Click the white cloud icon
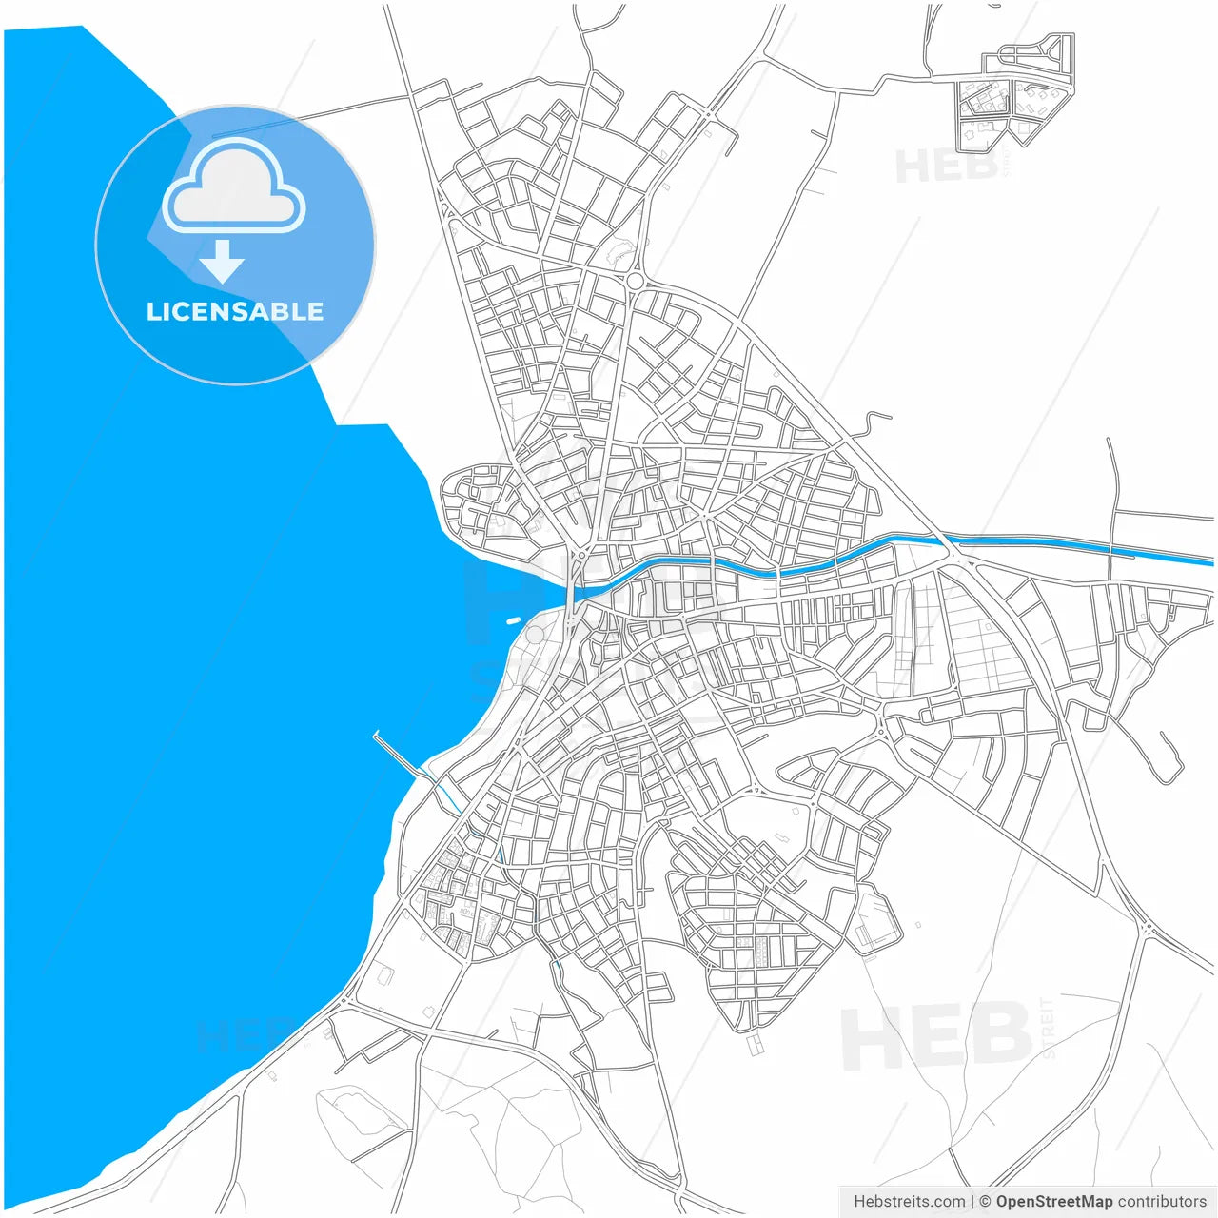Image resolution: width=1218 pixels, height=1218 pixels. [x=234, y=187]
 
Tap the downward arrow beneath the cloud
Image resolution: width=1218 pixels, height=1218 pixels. [x=222, y=262]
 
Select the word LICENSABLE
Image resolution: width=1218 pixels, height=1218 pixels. [x=234, y=312]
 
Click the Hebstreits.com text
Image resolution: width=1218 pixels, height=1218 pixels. [x=909, y=1202]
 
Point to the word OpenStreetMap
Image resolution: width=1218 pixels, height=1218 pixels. [x=1053, y=1202]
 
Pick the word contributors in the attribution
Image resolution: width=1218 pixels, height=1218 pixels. [x=1162, y=1202]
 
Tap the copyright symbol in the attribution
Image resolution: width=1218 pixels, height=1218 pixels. [x=986, y=1202]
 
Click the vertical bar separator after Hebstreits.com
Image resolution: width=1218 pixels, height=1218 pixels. [x=972, y=1202]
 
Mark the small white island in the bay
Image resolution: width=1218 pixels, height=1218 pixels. [x=514, y=620]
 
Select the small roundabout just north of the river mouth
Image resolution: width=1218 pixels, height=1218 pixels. [x=580, y=554]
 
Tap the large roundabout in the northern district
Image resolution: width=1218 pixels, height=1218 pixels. [x=635, y=281]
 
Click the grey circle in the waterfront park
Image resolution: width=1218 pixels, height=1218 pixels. [x=536, y=635]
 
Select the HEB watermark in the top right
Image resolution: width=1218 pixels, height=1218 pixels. [x=946, y=167]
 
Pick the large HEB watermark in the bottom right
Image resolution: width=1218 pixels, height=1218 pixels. [x=937, y=1035]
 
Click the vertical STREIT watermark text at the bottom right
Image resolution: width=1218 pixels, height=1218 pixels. [x=1049, y=1028]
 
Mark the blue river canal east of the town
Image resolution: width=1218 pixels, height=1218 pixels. [x=1047, y=544]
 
